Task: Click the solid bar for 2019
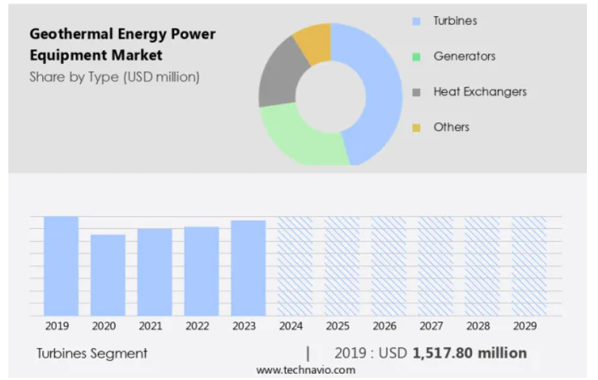point(61,266)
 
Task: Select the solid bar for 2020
point(108,275)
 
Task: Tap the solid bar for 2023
point(248,268)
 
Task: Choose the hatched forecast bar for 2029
point(529,266)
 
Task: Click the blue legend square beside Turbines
point(417,21)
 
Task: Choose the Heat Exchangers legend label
point(480,92)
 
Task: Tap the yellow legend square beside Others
point(417,127)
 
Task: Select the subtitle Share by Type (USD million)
point(114,77)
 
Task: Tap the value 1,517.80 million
point(469,353)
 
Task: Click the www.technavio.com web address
point(306,370)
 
